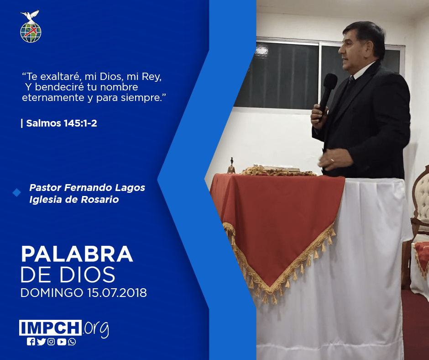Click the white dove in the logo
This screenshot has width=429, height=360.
tap(30, 16)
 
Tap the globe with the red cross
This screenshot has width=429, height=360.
tap(31, 32)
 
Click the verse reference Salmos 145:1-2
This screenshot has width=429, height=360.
tap(62, 123)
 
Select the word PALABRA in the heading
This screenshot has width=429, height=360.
tap(77, 254)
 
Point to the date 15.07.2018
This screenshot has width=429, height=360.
tap(117, 292)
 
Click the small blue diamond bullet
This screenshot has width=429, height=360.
tap(17, 193)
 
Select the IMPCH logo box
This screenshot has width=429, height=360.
tap(50, 328)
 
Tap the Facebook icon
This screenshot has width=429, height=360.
tap(31, 342)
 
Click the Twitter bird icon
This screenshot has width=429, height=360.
tap(42, 342)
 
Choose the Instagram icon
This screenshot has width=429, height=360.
tap(51, 342)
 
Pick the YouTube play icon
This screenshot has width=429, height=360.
tap(62, 342)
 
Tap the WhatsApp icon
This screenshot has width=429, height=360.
tap(72, 342)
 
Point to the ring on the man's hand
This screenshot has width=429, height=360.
tap(332, 160)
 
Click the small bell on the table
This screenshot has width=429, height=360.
tap(231, 166)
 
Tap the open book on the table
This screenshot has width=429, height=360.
tap(276, 168)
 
